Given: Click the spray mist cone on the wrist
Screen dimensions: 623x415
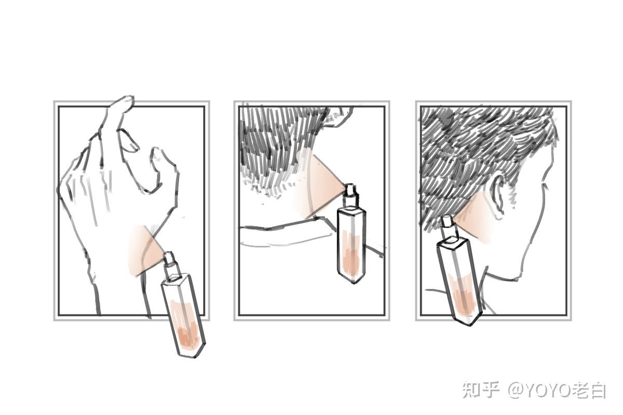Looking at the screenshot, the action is [145, 250].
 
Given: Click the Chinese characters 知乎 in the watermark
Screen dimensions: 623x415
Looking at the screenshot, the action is [480, 390].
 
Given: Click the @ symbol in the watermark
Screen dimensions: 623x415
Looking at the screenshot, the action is [516, 391].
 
